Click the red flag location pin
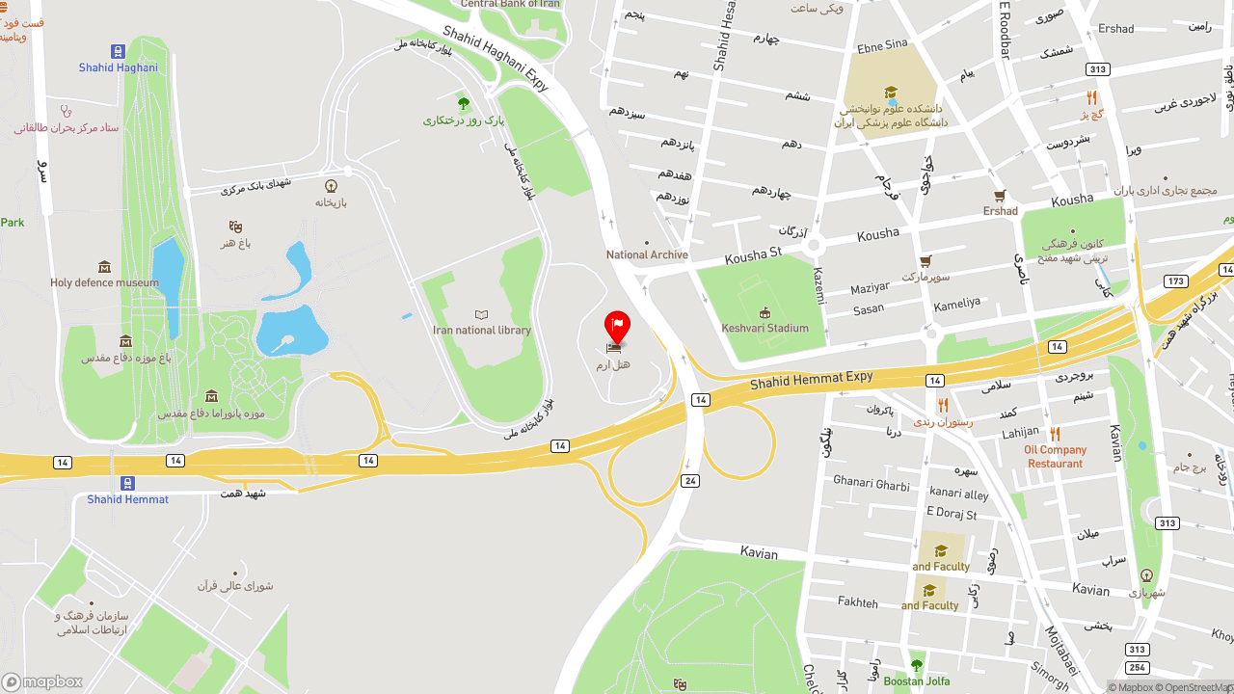(617, 326)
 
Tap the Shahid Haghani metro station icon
(118, 51)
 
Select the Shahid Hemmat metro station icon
(127, 483)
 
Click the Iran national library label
(482, 330)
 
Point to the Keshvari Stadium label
(765, 328)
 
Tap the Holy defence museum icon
(104, 267)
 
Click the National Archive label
(647, 254)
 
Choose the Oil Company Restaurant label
(1055, 456)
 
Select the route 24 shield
(689, 480)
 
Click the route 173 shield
(1175, 280)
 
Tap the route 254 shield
(1137, 667)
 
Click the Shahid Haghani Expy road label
(496, 59)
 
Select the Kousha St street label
(753, 254)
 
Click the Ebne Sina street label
(882, 44)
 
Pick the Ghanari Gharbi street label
(871, 483)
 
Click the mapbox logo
(42, 681)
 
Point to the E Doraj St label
(951, 514)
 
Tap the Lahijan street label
(1020, 433)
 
